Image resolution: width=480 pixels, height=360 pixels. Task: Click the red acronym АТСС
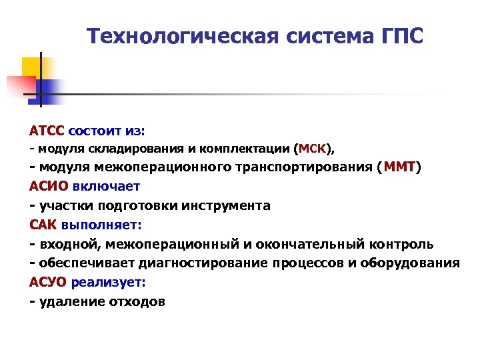point(46,131)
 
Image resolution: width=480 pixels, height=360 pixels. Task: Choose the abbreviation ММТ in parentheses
point(399,167)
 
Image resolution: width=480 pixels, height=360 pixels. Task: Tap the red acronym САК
point(43,225)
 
